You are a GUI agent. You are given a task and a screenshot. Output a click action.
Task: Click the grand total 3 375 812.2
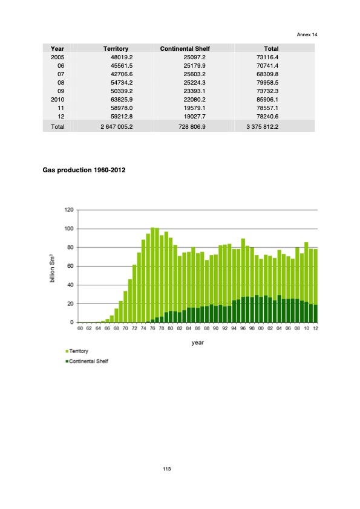tap(258, 128)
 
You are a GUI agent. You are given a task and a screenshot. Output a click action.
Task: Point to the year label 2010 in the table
tap(57, 99)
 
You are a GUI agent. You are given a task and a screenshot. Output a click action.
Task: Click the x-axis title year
tap(197, 342)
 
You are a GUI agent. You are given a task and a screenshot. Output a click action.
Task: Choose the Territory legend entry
tap(79, 351)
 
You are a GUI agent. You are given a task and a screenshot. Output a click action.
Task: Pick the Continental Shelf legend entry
tap(88, 361)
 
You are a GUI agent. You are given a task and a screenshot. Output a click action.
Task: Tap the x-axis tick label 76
tap(153, 329)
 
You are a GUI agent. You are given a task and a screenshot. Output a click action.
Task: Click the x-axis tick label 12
tap(315, 329)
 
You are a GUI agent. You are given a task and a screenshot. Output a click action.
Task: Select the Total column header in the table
tap(271, 48)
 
